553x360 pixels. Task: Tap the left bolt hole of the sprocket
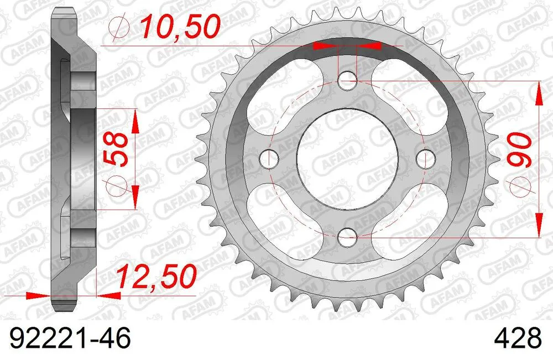pos(269,159)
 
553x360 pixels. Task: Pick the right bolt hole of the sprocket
pos(425,159)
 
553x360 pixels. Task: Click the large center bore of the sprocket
pos(347,159)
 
